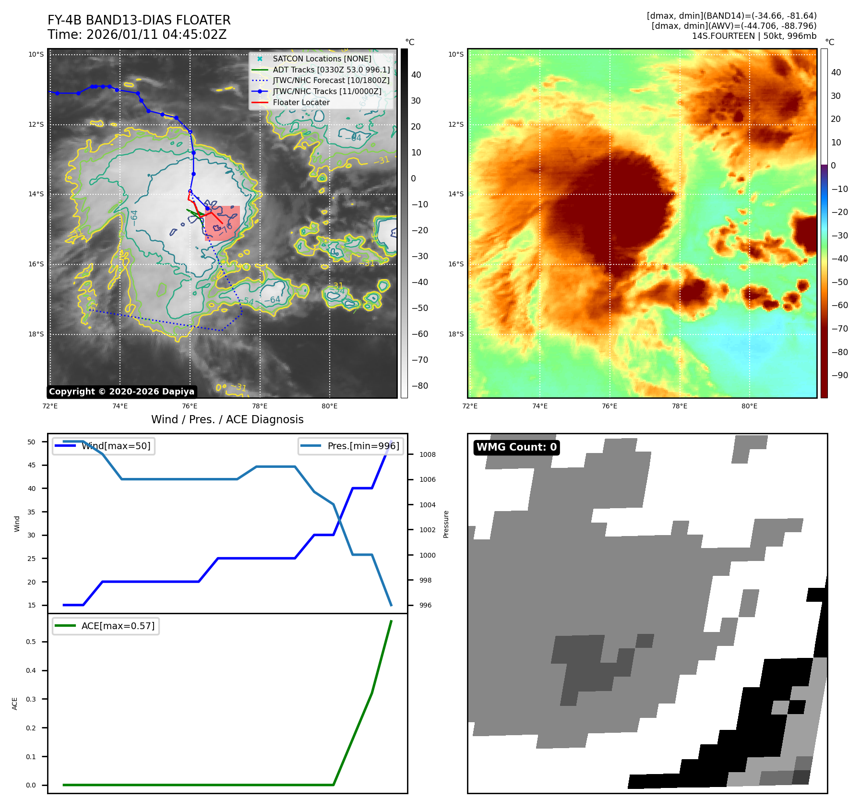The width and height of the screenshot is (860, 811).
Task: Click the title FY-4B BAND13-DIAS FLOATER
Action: (x=139, y=20)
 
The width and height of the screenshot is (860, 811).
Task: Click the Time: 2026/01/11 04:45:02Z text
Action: (x=137, y=35)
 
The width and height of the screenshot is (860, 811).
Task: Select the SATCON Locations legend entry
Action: (x=322, y=59)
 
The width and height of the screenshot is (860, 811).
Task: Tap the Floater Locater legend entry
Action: (x=301, y=102)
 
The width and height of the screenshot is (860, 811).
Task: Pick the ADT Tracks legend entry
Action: (x=331, y=70)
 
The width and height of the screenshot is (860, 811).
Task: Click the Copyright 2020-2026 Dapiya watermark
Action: (x=121, y=392)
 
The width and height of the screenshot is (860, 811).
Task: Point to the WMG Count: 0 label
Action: (x=516, y=447)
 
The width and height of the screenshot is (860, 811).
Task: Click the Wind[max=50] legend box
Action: (x=104, y=446)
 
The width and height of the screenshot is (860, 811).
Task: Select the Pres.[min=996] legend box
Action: (x=350, y=446)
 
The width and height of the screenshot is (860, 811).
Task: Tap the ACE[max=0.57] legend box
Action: (x=106, y=626)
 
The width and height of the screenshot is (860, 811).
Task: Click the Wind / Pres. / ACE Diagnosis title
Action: (x=227, y=419)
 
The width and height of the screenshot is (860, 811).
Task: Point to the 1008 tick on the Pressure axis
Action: (x=427, y=454)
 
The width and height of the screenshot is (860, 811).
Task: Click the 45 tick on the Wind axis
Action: (x=32, y=465)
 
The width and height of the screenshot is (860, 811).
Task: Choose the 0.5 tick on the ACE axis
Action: (x=31, y=642)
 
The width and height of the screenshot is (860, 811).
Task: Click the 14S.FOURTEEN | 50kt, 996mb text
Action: (x=754, y=36)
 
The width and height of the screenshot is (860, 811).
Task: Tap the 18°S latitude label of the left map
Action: (x=36, y=334)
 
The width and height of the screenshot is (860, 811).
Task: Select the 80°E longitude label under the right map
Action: (x=749, y=406)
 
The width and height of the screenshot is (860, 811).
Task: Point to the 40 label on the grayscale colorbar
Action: (x=416, y=75)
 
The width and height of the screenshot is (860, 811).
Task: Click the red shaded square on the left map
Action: (x=223, y=223)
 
